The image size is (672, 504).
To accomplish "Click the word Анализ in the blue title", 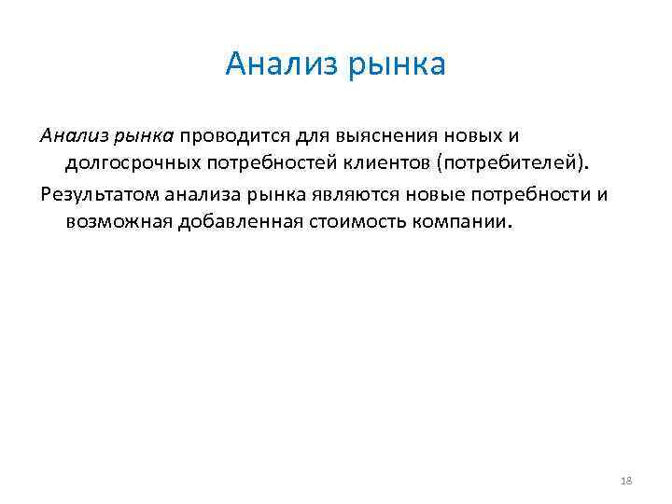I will tap(283, 64).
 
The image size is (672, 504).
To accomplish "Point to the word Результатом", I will tap(99, 194).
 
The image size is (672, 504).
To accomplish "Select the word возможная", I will tap(120, 223).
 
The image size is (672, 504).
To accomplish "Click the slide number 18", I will tap(625, 481).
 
